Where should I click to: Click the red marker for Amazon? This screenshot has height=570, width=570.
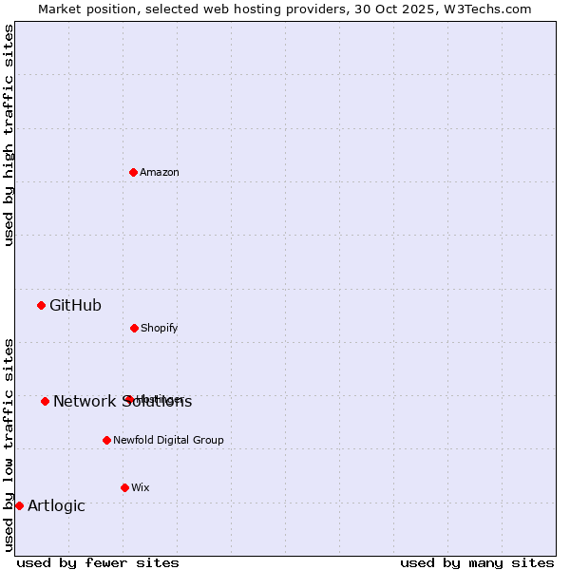click(134, 172)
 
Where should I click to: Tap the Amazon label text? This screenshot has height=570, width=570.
click(160, 172)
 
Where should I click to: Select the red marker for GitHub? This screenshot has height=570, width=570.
click(41, 305)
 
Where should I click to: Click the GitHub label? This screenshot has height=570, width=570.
click(75, 305)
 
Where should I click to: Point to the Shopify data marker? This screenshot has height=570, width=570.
click(134, 328)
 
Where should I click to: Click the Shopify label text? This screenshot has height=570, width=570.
click(160, 328)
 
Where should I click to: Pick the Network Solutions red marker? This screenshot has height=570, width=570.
click(45, 401)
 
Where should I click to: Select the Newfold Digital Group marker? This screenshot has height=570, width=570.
click(106, 440)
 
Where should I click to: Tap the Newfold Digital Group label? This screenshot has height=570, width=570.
click(168, 440)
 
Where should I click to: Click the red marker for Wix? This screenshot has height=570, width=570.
click(124, 487)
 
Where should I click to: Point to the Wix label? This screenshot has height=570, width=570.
click(141, 487)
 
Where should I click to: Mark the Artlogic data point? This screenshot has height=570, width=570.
click(19, 505)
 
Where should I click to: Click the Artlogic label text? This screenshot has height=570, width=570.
click(56, 505)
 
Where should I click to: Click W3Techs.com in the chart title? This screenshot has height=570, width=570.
click(486, 9)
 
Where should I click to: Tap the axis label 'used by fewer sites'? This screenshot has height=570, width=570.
click(98, 562)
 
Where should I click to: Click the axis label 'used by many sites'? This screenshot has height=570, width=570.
click(477, 562)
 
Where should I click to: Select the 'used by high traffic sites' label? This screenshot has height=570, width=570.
click(9, 135)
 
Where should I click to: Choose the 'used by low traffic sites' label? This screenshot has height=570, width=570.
click(9, 444)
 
